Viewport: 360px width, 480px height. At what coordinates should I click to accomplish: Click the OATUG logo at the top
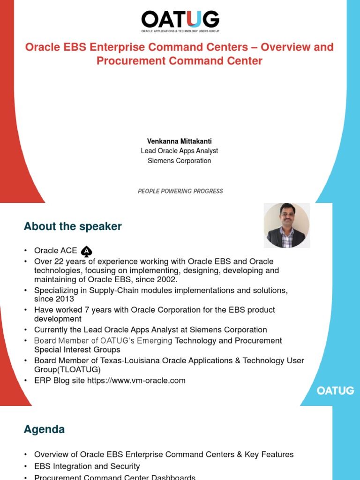[x=180, y=21]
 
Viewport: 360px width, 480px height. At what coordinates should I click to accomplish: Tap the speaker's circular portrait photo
[x=286, y=225]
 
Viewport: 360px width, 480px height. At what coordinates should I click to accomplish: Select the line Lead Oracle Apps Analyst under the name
[x=180, y=151]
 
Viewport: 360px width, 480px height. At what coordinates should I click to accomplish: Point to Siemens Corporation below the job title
[x=180, y=161]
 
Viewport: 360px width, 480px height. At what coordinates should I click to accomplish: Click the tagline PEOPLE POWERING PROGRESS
[x=180, y=191]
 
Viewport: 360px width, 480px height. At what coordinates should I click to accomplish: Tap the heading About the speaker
[x=73, y=226]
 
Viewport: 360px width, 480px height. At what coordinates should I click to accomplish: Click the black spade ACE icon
[x=87, y=252]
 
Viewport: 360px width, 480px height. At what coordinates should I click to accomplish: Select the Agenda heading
[x=44, y=429]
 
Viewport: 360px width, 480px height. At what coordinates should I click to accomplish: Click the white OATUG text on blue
[x=336, y=390]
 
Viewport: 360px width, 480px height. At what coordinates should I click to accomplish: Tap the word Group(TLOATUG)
[x=67, y=370]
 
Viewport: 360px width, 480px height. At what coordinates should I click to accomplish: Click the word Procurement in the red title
[x=127, y=61]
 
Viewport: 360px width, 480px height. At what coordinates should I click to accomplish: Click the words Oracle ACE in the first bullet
[x=56, y=251]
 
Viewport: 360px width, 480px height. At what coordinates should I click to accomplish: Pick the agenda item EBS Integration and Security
[x=87, y=466]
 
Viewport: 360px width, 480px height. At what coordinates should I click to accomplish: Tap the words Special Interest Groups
[x=77, y=350]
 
